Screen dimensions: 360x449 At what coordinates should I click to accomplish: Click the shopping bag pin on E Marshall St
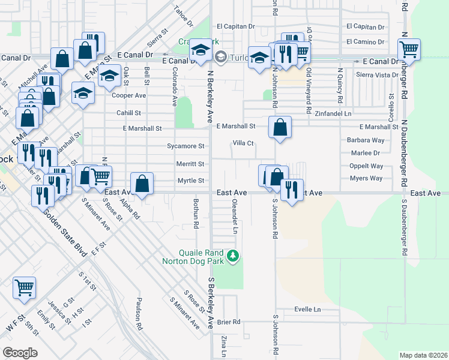[280, 127]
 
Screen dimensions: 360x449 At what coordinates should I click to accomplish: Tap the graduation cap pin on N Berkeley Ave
[199, 51]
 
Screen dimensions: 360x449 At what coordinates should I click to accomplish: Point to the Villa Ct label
[244, 143]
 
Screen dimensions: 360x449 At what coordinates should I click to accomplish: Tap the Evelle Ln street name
[308, 309]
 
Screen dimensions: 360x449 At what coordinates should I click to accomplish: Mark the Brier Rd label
[229, 322]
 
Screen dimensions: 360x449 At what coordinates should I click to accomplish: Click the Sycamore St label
[185, 146]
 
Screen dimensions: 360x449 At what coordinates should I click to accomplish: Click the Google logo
[20, 353]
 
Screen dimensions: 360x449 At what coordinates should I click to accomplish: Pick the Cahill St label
[129, 113]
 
